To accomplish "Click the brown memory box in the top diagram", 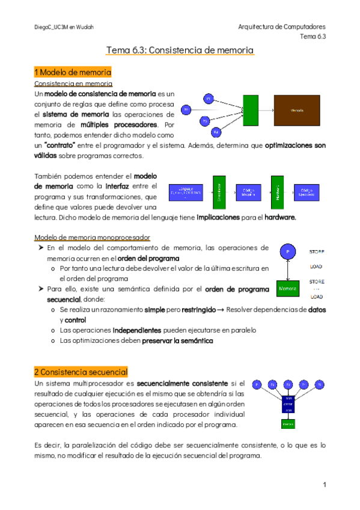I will (x=297, y=111).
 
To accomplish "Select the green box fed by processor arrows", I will (x=251, y=111).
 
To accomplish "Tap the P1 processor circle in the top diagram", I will (x=209, y=98).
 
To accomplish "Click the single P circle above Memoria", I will (x=288, y=252).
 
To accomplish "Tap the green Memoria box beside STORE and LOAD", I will (x=288, y=289).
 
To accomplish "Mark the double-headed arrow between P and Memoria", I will (x=288, y=271).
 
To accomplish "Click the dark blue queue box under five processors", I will (x=288, y=403).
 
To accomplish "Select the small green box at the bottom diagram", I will (x=288, y=423).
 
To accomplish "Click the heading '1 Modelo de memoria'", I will (x=73, y=73).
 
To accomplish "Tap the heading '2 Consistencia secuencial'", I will (x=81, y=372).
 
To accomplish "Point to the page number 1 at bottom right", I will (x=324, y=485).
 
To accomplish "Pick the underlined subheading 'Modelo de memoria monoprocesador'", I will (x=92, y=237).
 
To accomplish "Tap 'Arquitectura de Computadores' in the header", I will (x=282, y=27).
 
